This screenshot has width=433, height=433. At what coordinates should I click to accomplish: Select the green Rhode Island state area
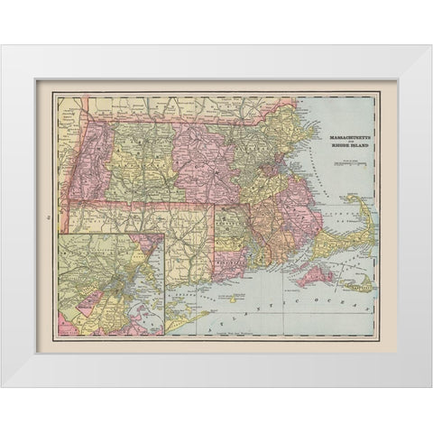click(x=233, y=237)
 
